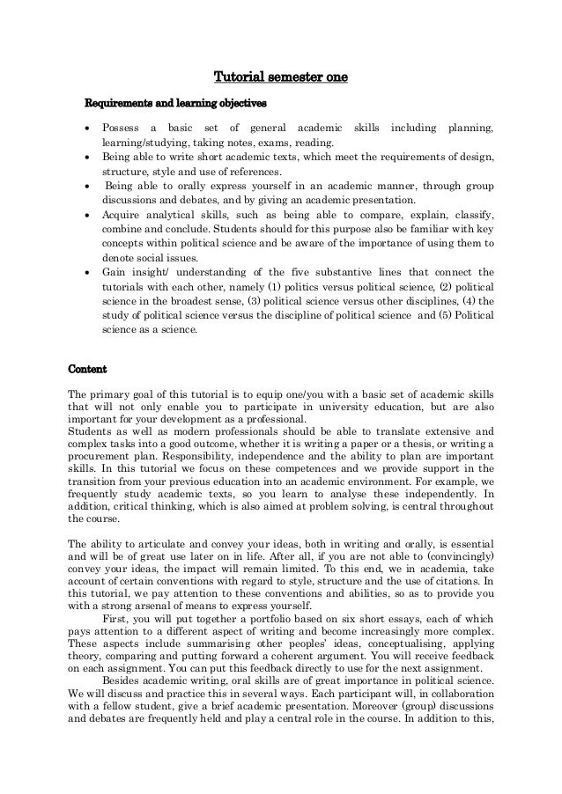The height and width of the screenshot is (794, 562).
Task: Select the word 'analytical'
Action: coord(182,214)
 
